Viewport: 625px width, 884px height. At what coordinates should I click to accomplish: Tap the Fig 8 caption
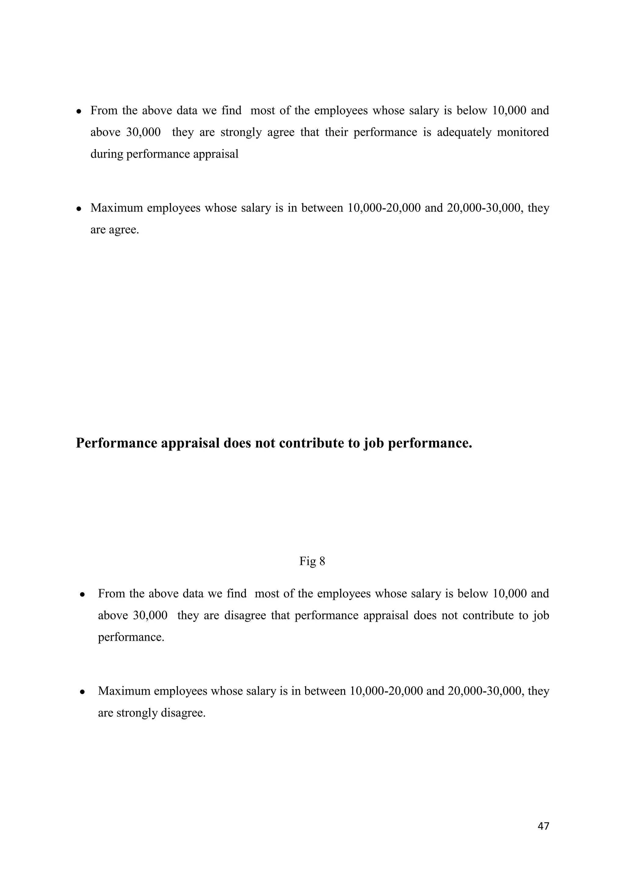(x=312, y=561)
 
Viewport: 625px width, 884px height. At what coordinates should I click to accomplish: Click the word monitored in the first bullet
(x=523, y=132)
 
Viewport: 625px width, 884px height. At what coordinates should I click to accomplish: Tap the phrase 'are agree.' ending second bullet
(x=114, y=230)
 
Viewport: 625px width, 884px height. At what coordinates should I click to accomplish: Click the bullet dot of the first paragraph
(x=78, y=112)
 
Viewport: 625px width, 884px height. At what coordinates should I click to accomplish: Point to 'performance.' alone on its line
(x=131, y=637)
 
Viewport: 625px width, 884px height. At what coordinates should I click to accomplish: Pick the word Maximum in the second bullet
(x=116, y=208)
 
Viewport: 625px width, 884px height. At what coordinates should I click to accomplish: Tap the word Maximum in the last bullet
(x=124, y=691)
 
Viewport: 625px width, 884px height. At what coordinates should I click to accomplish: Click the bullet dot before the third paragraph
(x=82, y=594)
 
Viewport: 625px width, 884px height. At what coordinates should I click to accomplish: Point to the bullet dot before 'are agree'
(x=78, y=209)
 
